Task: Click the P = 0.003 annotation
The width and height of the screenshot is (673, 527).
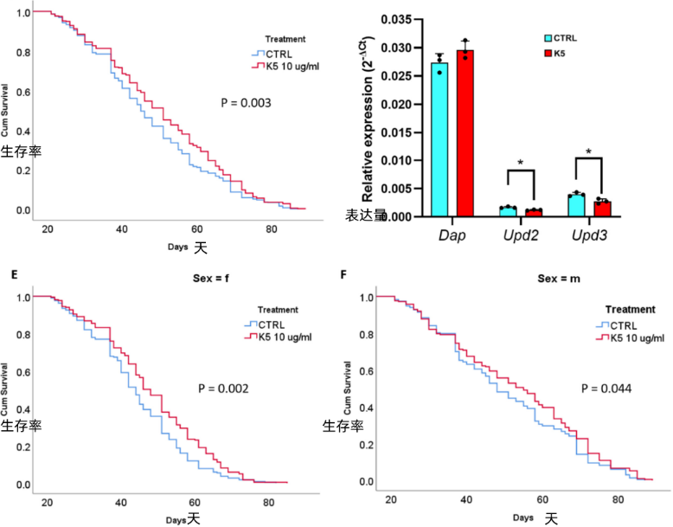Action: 246,103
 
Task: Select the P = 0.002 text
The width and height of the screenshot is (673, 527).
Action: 223,389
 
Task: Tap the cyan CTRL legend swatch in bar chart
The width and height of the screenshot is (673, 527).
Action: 549,38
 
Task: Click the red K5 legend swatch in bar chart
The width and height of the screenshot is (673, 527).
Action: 549,54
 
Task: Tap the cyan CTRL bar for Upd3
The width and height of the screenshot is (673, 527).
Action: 576,205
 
